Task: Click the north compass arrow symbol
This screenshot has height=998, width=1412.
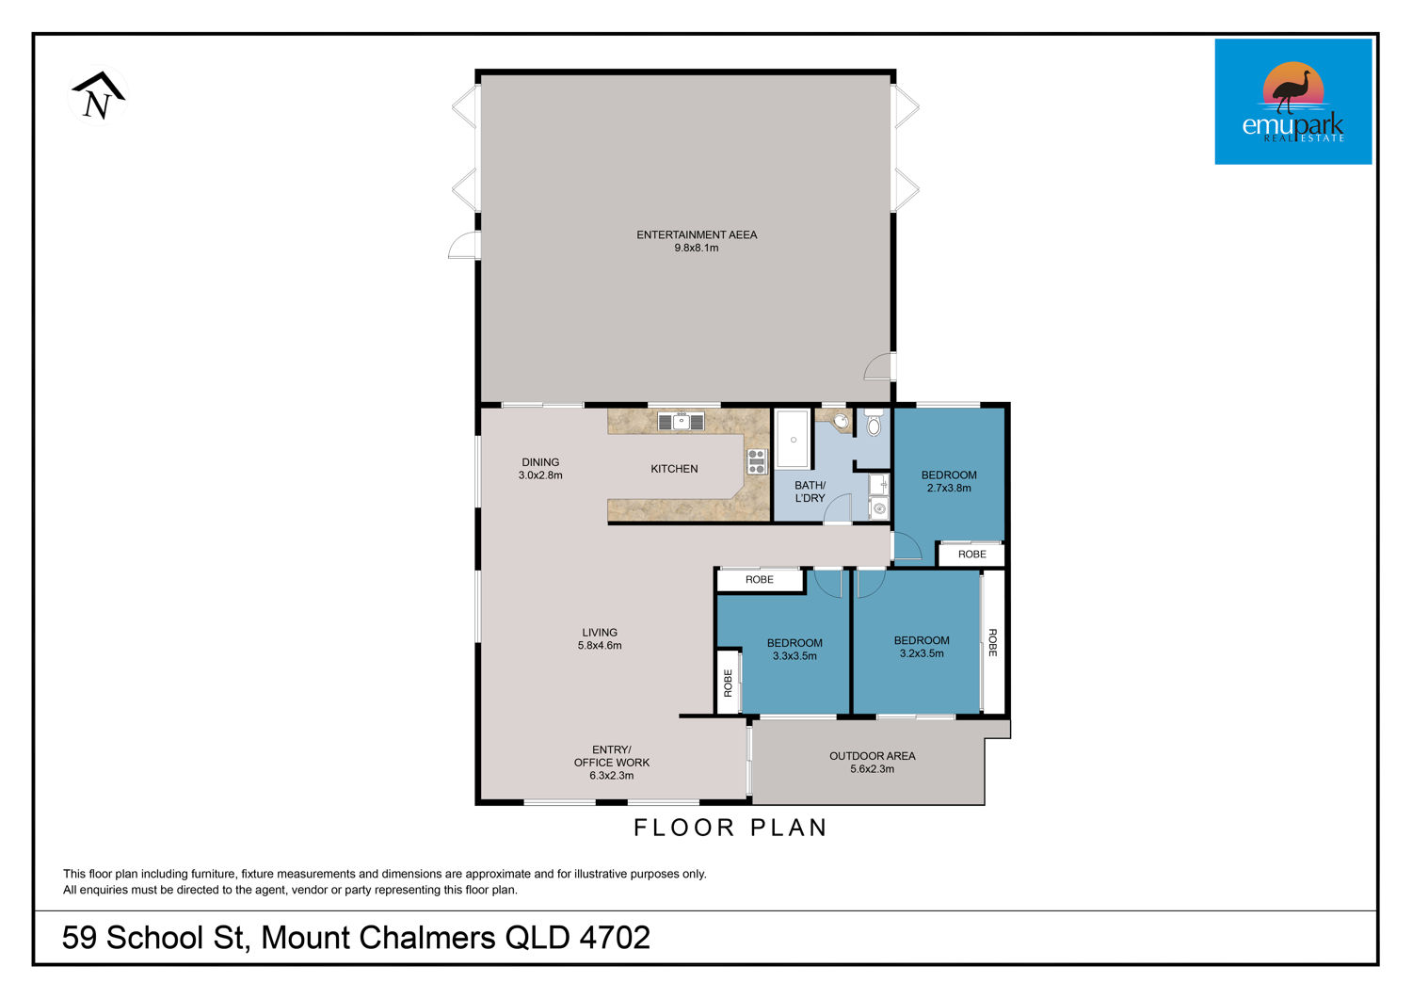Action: pyautogui.click(x=98, y=96)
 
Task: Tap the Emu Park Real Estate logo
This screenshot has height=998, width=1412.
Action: pyautogui.click(x=1292, y=102)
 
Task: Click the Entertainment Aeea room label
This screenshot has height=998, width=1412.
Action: pyautogui.click(x=697, y=234)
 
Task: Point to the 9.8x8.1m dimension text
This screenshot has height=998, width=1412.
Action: pyautogui.click(x=697, y=248)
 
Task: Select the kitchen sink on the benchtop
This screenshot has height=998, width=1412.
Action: pyautogui.click(x=681, y=421)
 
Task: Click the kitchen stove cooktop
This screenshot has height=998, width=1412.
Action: pyautogui.click(x=757, y=461)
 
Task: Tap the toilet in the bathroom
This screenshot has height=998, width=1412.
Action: pyautogui.click(x=873, y=423)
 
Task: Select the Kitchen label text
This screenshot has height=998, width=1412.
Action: pyautogui.click(x=674, y=469)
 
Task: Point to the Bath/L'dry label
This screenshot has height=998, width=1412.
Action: pyautogui.click(x=810, y=491)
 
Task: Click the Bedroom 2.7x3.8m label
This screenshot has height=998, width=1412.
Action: pyautogui.click(x=949, y=482)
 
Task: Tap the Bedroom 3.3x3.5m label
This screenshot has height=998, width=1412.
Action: pyautogui.click(x=794, y=650)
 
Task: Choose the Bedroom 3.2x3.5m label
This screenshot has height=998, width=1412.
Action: pyautogui.click(x=922, y=647)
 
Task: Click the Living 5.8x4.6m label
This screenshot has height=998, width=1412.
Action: pyautogui.click(x=600, y=638)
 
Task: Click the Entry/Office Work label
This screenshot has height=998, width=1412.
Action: pyautogui.click(x=612, y=763)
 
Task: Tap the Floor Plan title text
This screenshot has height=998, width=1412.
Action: pyautogui.click(x=730, y=828)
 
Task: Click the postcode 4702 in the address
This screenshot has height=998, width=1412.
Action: pyautogui.click(x=615, y=938)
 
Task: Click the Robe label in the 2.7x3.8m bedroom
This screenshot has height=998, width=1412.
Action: pyautogui.click(x=972, y=555)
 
